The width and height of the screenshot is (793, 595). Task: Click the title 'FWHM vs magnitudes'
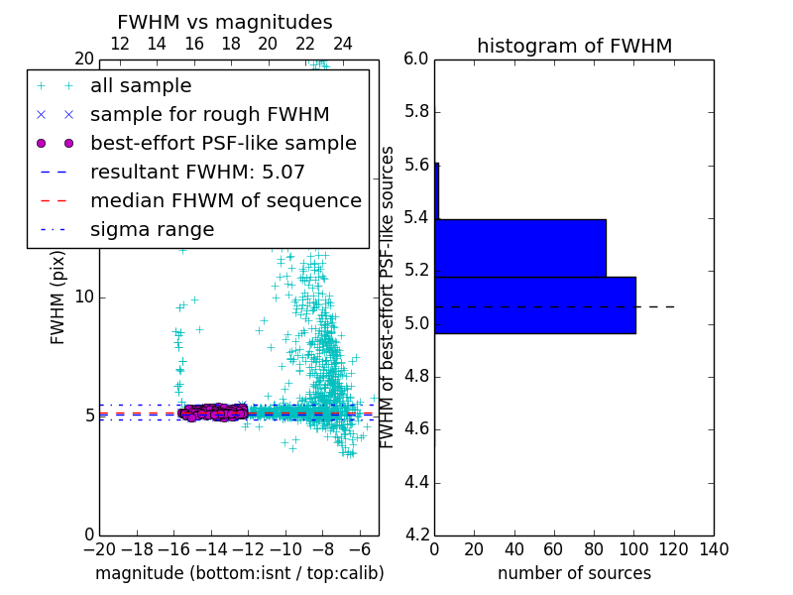[225, 22]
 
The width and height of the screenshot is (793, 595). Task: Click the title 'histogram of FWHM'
[574, 46]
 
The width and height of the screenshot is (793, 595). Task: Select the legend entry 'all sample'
[141, 86]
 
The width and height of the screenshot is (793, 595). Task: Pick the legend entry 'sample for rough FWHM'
[209, 114]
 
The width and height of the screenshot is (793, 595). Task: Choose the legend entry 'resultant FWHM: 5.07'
[197, 172]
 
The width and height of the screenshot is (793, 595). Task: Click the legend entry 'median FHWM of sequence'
[225, 200]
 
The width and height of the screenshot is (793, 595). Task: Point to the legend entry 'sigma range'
[152, 229]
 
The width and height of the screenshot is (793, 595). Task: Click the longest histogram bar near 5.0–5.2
[534, 305]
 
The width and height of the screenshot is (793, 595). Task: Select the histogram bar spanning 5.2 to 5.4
[520, 248]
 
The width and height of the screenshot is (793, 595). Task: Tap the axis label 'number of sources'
[574, 573]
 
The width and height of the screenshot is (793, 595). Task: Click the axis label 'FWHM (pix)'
[58, 297]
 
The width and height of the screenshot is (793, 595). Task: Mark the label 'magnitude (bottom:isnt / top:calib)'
[239, 573]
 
